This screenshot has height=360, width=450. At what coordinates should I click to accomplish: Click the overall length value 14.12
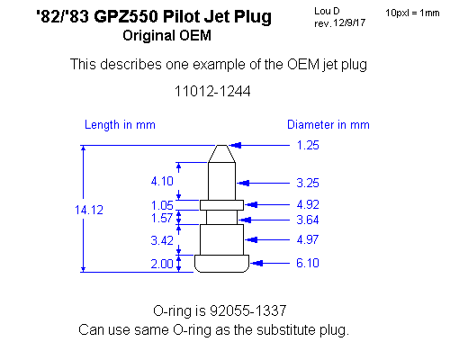89,210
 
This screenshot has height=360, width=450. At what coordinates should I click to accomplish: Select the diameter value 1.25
308,145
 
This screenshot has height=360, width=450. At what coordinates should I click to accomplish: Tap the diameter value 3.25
308,183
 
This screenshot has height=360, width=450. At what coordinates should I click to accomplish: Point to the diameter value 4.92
308,204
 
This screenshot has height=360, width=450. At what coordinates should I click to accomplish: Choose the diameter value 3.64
308,220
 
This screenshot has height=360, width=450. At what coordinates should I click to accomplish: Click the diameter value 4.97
308,239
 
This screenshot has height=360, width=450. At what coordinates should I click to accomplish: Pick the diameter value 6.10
308,263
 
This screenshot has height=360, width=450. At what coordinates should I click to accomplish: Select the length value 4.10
162,181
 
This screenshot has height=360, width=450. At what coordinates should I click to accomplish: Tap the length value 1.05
162,205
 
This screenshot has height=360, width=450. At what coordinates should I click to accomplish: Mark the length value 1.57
162,218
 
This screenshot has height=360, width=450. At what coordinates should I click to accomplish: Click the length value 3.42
162,240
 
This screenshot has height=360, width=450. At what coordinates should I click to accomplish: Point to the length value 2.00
162,264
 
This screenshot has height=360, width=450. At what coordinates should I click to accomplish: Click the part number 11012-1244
212,91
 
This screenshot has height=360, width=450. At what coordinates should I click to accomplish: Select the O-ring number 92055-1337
247,310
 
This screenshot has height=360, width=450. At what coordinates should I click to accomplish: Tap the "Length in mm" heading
120,125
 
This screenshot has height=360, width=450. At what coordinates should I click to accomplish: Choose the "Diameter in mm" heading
328,124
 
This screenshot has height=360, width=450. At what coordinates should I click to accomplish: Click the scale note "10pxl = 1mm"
412,13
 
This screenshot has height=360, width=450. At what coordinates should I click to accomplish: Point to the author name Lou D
327,11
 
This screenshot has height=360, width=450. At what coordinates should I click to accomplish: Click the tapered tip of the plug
221,154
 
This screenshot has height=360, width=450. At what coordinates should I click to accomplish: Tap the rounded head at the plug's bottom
221,264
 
